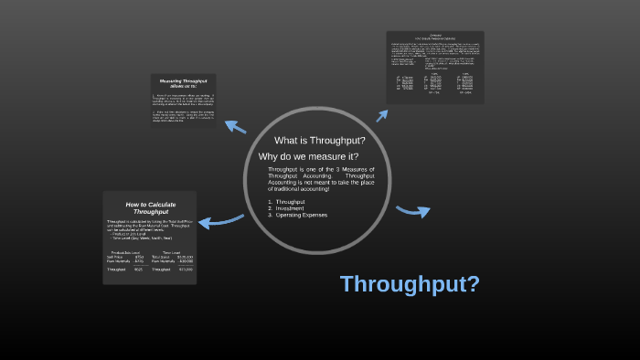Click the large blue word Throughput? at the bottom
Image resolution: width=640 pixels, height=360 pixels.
point(410,284)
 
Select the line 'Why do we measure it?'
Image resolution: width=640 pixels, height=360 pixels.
point(308,156)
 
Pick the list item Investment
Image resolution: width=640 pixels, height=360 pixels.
point(291,207)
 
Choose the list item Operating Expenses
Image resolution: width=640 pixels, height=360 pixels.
point(301,215)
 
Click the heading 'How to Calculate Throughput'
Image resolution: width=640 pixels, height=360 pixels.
point(151,207)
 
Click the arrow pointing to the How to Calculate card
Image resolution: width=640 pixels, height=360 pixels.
point(220,220)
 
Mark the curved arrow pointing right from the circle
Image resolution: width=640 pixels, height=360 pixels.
point(413,212)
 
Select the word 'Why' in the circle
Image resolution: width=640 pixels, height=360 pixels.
point(268,156)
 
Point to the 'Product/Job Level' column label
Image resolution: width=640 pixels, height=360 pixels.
point(125,252)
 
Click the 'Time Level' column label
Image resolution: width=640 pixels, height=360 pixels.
point(171,252)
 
